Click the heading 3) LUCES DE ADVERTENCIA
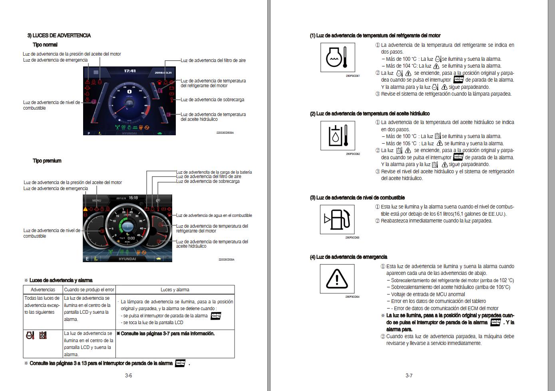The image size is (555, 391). pyautogui.click(x=59, y=36)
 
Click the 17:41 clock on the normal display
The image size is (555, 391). pyautogui.click(x=129, y=71)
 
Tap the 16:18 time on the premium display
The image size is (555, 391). pyautogui.click(x=133, y=198)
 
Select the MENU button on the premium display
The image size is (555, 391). pyautogui.click(x=97, y=200)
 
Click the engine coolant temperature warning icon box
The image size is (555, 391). pyautogui.click(x=337, y=58)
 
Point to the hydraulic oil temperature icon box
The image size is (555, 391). pyautogui.click(x=337, y=136)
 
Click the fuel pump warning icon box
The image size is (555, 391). pyautogui.click(x=337, y=219)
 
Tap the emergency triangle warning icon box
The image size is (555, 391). pyautogui.click(x=337, y=279)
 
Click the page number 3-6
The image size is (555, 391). pyautogui.click(x=129, y=375)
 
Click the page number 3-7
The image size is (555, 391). pyautogui.click(x=409, y=375)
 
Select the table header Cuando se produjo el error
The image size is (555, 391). pyautogui.click(x=89, y=290)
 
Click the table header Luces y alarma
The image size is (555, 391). pyautogui.click(x=175, y=290)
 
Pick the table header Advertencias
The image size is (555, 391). pyautogui.click(x=43, y=290)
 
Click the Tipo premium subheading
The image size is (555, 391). pyautogui.click(x=47, y=161)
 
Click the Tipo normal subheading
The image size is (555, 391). pyautogui.click(x=45, y=45)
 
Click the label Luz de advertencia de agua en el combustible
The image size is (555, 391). pyautogui.click(x=214, y=215)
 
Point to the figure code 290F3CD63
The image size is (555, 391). pyautogui.click(x=352, y=238)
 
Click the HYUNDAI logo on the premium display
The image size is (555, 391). pyautogui.click(x=127, y=259)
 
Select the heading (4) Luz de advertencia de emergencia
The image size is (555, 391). pyautogui.click(x=348, y=257)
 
